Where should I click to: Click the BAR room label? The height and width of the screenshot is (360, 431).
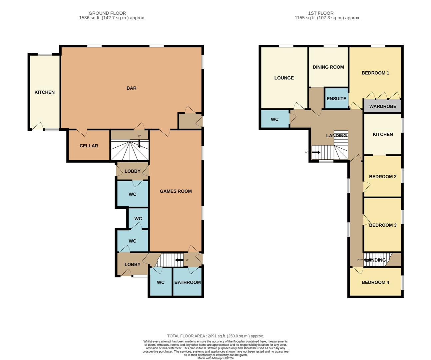coord(131,88)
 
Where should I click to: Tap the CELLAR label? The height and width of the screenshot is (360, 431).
coord(89,146)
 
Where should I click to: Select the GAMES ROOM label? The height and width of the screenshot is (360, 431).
coord(176,191)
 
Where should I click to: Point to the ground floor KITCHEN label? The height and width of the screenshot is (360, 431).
coord(44,92)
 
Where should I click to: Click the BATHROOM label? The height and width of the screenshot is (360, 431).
coord(188,282)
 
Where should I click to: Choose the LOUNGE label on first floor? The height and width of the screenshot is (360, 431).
coord(284,78)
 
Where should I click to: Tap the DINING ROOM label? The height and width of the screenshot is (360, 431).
coord(328,67)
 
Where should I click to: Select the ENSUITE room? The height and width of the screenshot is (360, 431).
coord(336,99)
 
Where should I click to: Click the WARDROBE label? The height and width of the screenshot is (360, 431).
coord(383,107)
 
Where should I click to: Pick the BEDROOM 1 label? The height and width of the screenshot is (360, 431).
coord(375,73)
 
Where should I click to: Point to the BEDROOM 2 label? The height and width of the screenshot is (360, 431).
coord(383,176)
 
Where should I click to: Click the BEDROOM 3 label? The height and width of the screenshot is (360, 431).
coord(383,225)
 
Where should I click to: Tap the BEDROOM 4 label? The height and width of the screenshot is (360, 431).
coord(375,282)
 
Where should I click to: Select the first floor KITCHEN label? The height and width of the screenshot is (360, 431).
coord(383,134)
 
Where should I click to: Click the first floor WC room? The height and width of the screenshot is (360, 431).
coord(274,119)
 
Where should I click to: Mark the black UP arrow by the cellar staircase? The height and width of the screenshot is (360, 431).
coord(139,143)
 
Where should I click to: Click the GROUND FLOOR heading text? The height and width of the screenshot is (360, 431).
coord(107,13)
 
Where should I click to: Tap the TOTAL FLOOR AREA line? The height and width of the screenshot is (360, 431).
coord(215,336)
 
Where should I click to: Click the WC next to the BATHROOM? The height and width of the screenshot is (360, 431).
coord(161,282)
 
